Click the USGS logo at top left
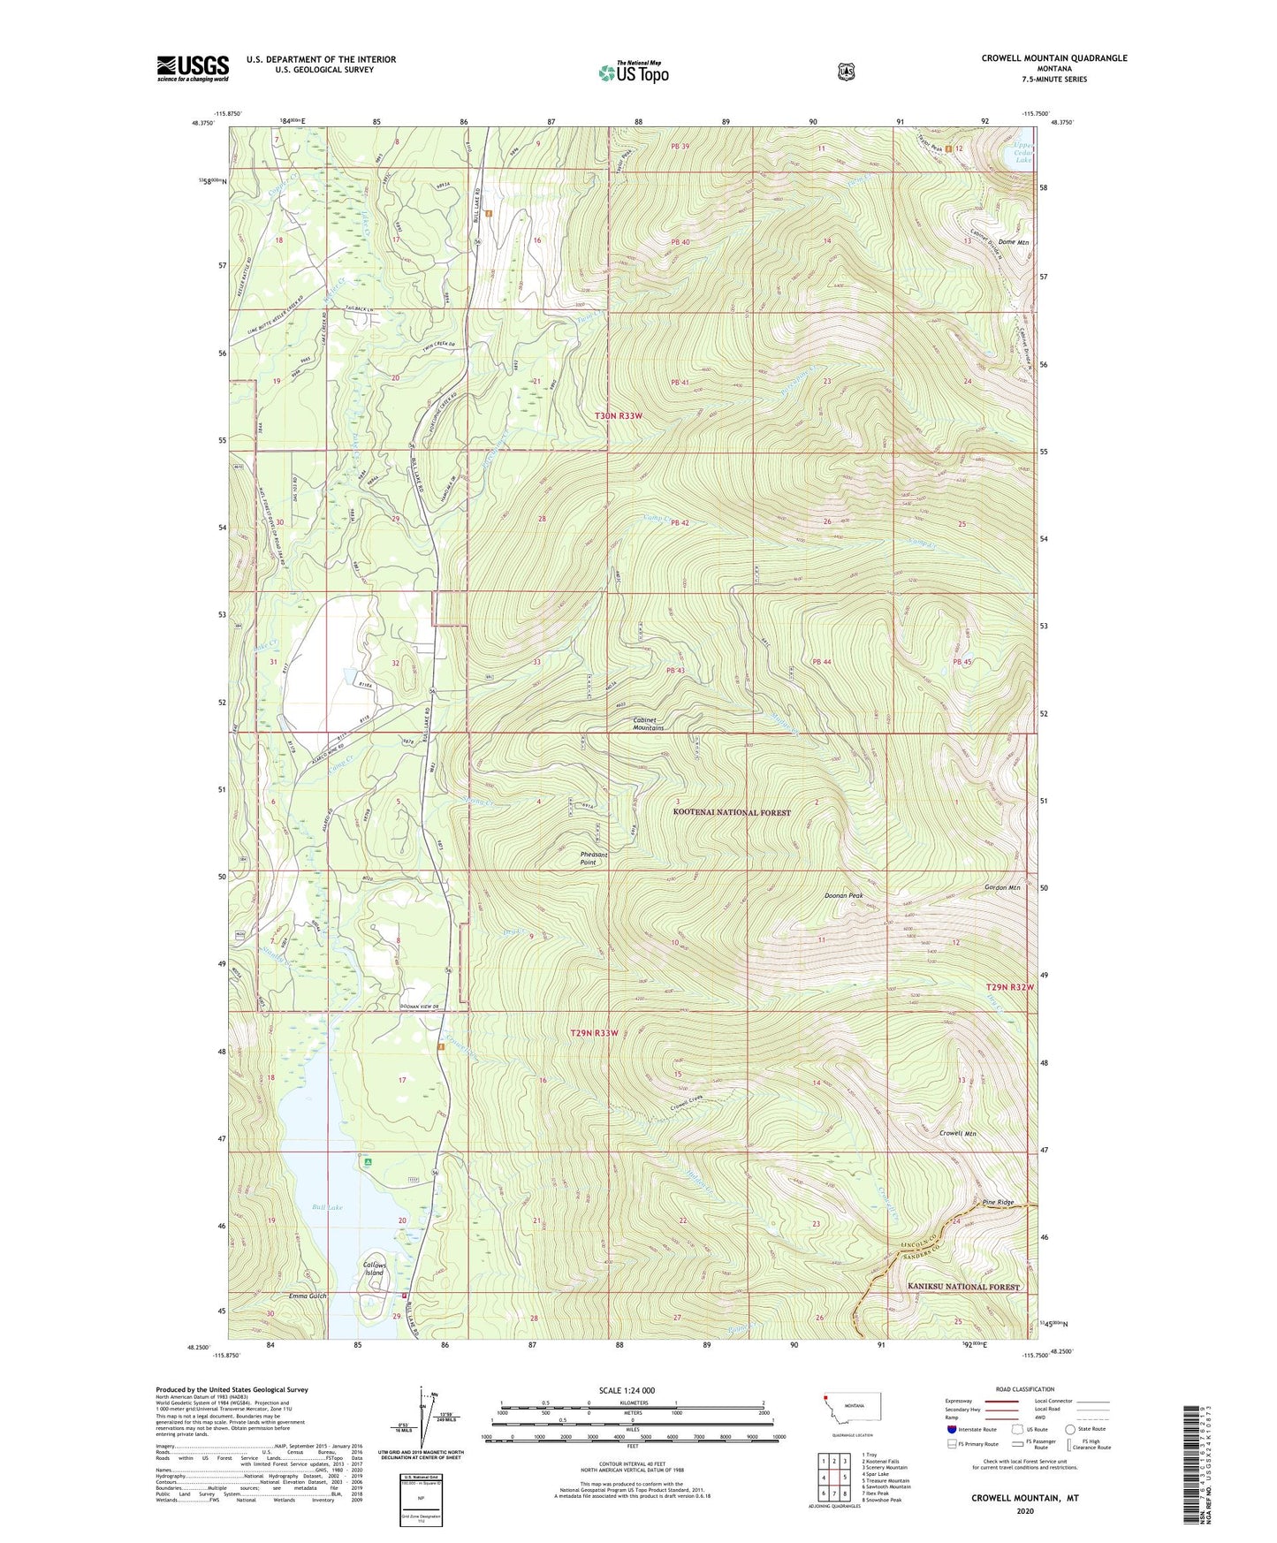point(193,67)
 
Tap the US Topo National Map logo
point(633,72)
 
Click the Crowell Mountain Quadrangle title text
point(1053,58)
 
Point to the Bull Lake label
point(327,1206)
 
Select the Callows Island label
point(375,1269)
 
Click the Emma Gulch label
point(307,1296)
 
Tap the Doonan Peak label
point(843,895)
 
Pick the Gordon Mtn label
point(1002,887)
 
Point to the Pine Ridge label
point(999,1203)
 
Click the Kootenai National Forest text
point(732,811)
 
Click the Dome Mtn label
point(1014,241)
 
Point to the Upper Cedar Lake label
point(1022,153)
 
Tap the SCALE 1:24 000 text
point(627,1390)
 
